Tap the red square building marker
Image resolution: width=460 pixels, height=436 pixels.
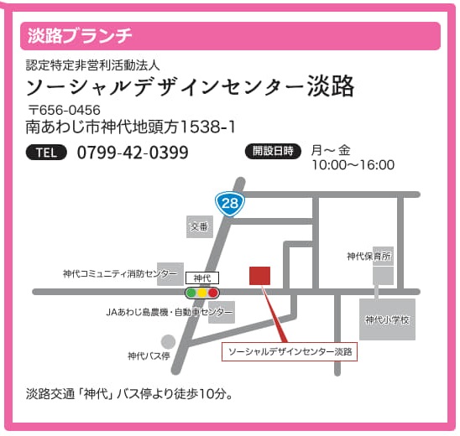(260, 276)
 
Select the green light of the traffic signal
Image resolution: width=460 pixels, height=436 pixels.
(191, 293)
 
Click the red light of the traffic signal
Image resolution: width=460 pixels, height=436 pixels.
(213, 293)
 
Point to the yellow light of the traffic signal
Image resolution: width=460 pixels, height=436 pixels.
(202, 293)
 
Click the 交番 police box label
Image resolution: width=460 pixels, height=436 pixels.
(199, 226)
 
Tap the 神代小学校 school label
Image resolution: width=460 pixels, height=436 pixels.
(387, 319)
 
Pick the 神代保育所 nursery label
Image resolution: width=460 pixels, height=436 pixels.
(369, 256)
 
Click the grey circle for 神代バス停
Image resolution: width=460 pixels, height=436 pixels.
(169, 342)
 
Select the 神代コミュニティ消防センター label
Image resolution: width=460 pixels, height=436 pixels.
(120, 273)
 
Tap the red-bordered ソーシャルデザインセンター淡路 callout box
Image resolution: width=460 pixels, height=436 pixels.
(290, 351)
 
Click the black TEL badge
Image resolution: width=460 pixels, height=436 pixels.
(46, 153)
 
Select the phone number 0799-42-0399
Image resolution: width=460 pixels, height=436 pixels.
(133, 153)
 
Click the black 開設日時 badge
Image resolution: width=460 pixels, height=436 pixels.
(273, 151)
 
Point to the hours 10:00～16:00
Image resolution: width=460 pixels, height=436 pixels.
(353, 165)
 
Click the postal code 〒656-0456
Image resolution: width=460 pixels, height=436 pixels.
(64, 110)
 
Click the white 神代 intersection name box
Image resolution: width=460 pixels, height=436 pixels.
(201, 278)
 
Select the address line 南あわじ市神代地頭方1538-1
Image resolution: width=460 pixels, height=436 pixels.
(130, 127)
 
